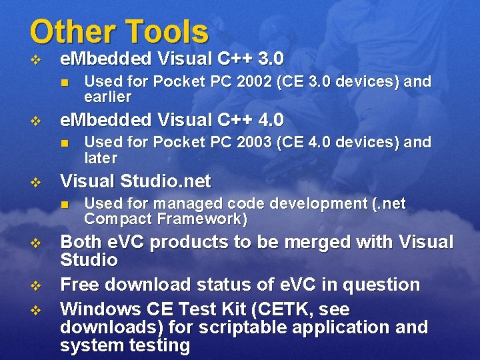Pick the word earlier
108,97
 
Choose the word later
101,158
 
